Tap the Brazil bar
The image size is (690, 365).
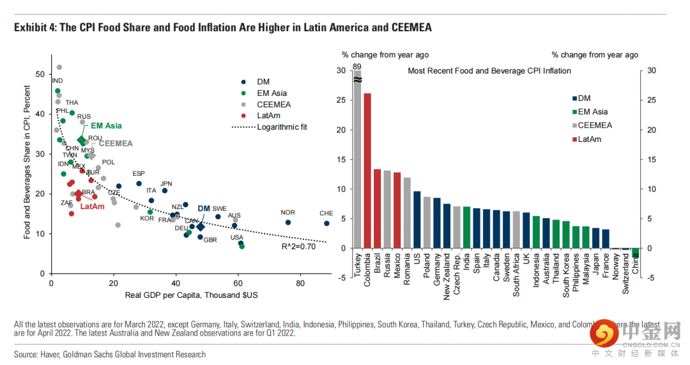coord(377,208)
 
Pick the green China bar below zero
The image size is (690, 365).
coord(635,252)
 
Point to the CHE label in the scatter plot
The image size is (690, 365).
coord(326,213)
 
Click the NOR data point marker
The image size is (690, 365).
coord(288,222)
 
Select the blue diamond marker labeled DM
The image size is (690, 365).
coord(201,226)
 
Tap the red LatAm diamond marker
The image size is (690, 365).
coord(79,194)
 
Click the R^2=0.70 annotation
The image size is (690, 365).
coord(298,246)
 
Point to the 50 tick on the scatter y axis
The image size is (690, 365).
coord(40,74)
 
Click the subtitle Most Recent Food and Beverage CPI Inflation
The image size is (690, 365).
coord(489,71)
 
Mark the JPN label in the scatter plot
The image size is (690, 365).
coord(166,183)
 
